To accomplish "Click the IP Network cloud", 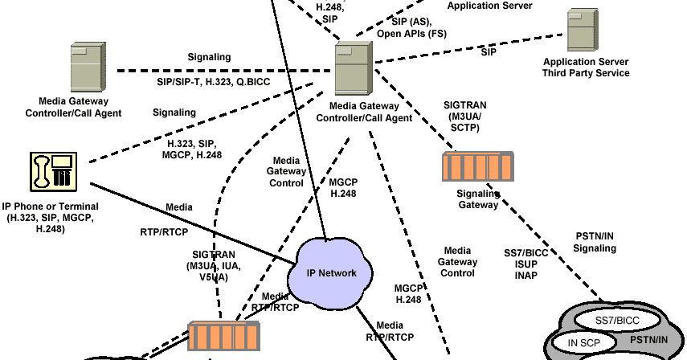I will coord(332,272).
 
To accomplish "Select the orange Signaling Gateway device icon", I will coord(477,167).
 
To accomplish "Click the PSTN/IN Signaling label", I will coord(595,242).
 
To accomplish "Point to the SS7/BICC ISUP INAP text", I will coord(525,264).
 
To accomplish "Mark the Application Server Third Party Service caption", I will coord(586,67).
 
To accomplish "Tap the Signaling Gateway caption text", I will coord(478,199).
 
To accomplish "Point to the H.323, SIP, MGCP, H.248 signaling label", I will coord(190,148).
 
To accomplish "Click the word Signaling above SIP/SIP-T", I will coord(209,57).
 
